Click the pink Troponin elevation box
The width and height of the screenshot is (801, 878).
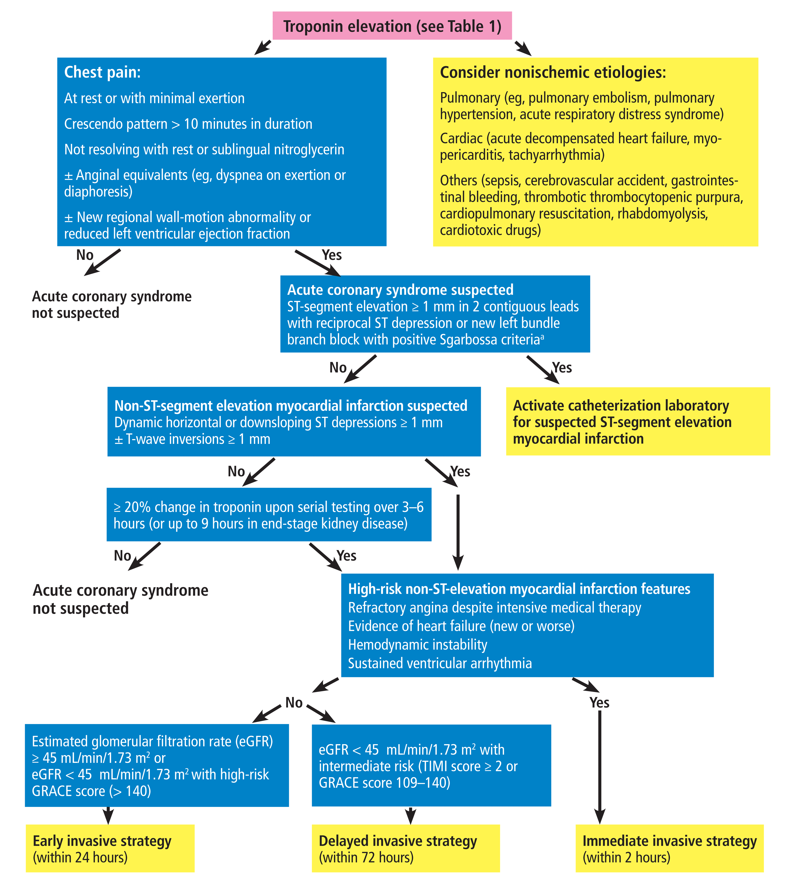392,26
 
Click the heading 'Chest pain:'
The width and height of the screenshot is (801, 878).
102,72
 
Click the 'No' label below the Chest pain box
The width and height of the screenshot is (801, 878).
85,255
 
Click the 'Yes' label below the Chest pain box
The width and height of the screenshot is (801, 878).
332,255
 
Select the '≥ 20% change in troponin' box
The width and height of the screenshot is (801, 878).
269,515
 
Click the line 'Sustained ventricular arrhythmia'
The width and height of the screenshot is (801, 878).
440,663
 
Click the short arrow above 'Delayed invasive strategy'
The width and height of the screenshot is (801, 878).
410,815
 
